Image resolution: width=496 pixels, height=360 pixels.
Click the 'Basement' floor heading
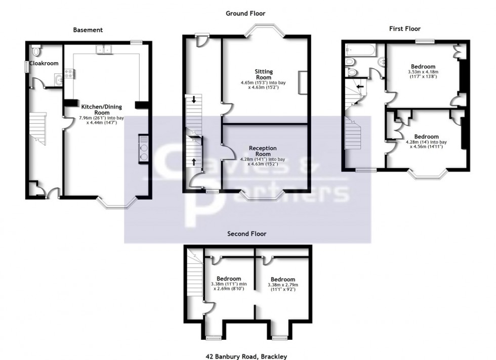click(x=88, y=30)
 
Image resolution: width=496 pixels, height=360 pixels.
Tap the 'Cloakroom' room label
click(x=44, y=63)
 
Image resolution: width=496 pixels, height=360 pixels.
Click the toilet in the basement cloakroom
click(x=35, y=51)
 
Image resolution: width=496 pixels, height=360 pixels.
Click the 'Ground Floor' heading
click(x=245, y=14)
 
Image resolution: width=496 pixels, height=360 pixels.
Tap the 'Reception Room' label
click(x=263, y=151)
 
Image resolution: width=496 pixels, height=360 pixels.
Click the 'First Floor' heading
click(x=404, y=29)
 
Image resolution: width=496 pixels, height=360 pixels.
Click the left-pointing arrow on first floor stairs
click(x=360, y=86)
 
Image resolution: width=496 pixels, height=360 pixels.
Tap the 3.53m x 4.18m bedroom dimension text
click(x=423, y=75)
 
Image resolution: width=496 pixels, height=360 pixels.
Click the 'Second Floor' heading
click(x=246, y=234)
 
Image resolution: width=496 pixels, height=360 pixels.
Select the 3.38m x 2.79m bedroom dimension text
click(x=282, y=288)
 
